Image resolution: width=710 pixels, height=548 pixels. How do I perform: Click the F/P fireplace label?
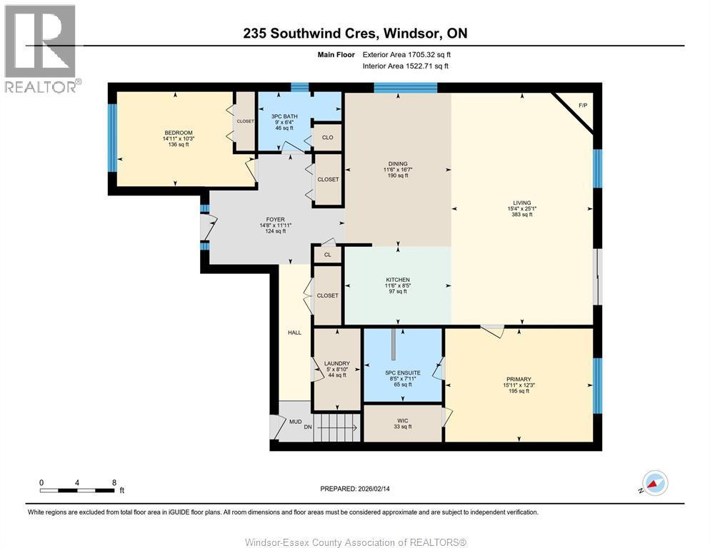pyautogui.click(x=583, y=106)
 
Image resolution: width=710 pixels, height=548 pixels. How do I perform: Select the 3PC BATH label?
pyautogui.click(x=284, y=116)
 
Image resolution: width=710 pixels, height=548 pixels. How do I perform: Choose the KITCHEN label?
pyautogui.click(x=398, y=280)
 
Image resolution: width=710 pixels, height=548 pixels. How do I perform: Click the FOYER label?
pyautogui.click(x=276, y=220)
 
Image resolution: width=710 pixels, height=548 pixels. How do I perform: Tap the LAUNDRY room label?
pyautogui.click(x=336, y=364)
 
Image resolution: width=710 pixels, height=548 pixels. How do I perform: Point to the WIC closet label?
pyautogui.click(x=403, y=421)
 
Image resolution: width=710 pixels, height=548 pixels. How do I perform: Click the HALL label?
pyautogui.click(x=294, y=333)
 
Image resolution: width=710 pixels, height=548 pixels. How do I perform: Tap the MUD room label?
pyautogui.click(x=295, y=422)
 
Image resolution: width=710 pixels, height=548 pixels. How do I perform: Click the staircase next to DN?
pyautogui.click(x=336, y=429)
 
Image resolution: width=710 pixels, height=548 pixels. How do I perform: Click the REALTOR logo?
pyautogui.click(x=40, y=49)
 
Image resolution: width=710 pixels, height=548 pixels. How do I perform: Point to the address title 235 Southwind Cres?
pyautogui.click(x=355, y=33)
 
